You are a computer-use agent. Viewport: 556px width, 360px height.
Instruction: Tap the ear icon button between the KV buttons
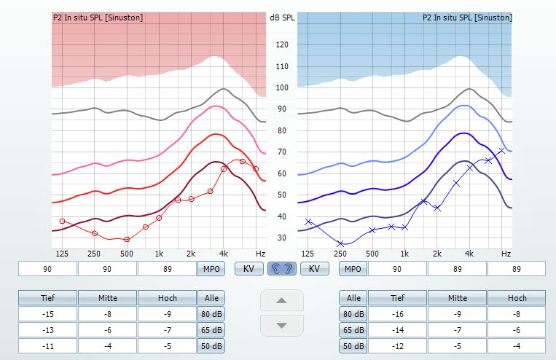pos(282,269)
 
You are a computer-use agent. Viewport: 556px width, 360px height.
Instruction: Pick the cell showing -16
pos(397,314)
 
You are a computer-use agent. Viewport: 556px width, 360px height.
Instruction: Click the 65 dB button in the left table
pos(211,330)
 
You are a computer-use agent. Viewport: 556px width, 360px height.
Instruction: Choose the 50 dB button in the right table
pos(353,346)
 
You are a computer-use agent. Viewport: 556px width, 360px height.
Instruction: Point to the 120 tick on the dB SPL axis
pos(281,45)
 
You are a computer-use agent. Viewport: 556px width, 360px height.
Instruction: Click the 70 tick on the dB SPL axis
pos(281,152)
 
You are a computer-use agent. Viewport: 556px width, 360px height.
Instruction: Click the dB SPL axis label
pos(281,16)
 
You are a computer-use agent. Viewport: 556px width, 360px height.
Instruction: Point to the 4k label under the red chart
pos(223,254)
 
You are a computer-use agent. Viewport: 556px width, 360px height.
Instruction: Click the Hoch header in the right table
pos(517,298)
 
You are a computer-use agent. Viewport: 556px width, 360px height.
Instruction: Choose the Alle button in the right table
pos(353,298)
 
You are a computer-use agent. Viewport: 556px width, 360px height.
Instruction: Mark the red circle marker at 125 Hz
pos(63,221)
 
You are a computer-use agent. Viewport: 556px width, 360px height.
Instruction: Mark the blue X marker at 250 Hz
pos(340,243)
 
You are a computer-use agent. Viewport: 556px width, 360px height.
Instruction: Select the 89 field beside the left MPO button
pos(166,269)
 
